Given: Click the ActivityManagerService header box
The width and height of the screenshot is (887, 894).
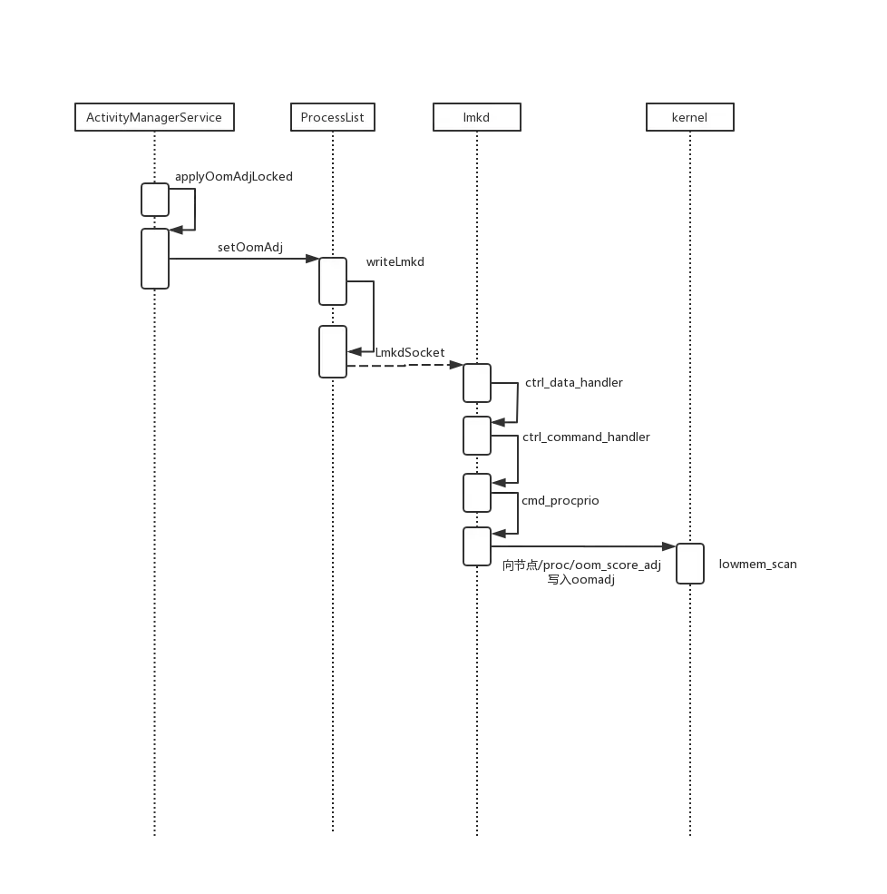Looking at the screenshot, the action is click(x=154, y=118).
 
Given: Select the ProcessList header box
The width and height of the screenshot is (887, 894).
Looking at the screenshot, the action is click(x=332, y=118).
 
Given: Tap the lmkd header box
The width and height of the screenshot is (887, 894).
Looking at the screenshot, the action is click(x=475, y=118).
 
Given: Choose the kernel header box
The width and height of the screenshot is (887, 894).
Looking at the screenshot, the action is click(x=689, y=118).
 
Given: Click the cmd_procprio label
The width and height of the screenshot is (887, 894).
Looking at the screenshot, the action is click(x=561, y=501).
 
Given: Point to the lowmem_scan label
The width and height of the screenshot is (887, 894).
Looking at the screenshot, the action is click(x=758, y=565).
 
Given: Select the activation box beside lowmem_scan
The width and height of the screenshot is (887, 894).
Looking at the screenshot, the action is click(x=689, y=565).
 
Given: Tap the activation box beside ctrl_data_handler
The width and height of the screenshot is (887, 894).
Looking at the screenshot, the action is click(x=477, y=383).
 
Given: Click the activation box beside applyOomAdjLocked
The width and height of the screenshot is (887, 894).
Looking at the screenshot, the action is click(x=154, y=200).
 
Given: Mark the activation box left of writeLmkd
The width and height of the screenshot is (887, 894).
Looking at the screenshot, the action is click(x=333, y=281).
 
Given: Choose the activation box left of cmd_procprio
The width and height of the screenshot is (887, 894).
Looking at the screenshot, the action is click(x=477, y=493).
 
